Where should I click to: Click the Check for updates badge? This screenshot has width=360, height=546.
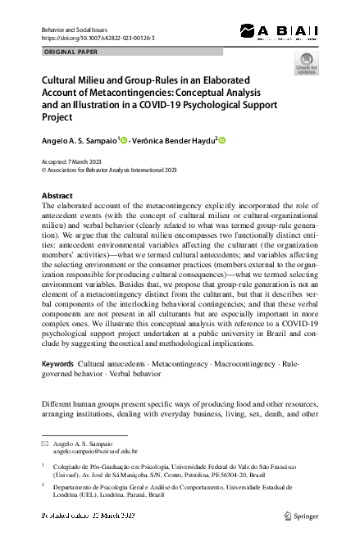pos(307,64)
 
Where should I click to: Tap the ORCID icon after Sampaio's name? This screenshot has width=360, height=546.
pos(125,141)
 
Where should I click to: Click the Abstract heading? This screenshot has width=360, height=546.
pos(57,196)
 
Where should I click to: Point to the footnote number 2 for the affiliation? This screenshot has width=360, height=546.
pos(43,485)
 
